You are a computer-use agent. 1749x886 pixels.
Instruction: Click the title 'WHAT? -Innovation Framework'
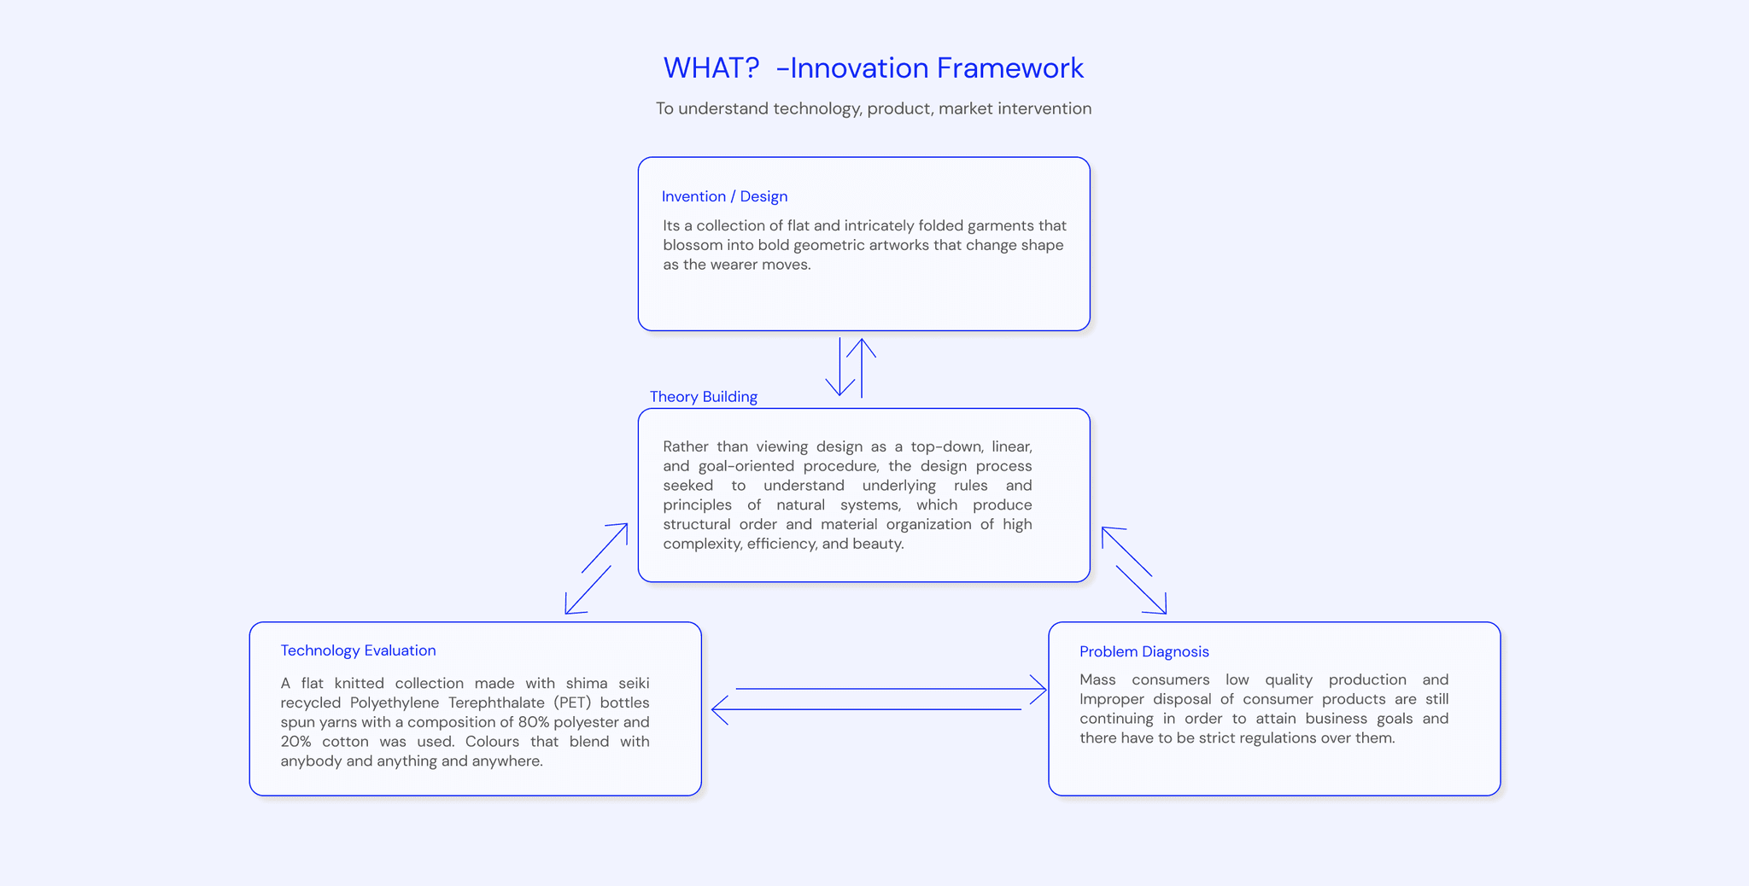(x=873, y=68)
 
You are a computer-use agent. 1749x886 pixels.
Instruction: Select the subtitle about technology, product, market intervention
(x=873, y=108)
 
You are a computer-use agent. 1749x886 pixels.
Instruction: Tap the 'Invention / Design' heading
(x=724, y=196)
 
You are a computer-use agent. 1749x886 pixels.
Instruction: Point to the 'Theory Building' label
(x=703, y=397)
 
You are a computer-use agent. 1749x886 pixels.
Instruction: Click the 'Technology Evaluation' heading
(x=358, y=650)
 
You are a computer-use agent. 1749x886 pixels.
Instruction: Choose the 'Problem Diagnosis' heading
(x=1144, y=652)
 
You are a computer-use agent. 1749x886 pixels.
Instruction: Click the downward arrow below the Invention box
(x=840, y=367)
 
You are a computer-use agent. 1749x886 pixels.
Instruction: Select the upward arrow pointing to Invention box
(x=862, y=367)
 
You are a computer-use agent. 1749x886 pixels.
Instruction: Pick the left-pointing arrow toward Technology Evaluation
(x=867, y=709)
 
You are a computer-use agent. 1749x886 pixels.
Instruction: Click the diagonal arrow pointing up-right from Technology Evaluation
(x=605, y=547)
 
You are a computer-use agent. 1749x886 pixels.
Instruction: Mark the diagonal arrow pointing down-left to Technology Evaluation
(x=588, y=590)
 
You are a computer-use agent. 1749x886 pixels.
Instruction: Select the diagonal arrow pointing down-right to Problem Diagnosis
(x=1142, y=590)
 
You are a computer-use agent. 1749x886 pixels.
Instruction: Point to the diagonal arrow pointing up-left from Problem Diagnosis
(x=1126, y=551)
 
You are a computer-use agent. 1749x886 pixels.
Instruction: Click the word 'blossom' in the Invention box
(x=693, y=245)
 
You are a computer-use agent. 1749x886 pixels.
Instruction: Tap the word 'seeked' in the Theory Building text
(x=687, y=486)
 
